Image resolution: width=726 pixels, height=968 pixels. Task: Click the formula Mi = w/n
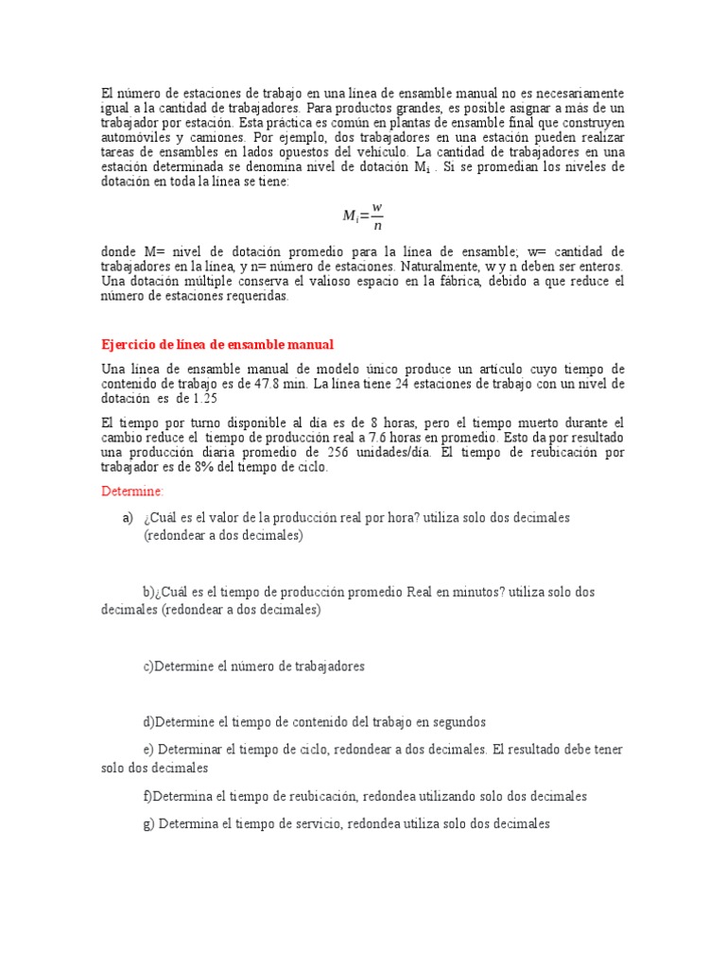362,215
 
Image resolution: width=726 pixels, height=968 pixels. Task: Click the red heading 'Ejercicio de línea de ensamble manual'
217,344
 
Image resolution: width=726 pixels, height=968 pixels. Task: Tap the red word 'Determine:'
132,492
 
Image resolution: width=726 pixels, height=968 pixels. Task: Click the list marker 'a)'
128,518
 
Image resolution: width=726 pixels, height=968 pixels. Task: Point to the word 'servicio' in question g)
292,823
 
